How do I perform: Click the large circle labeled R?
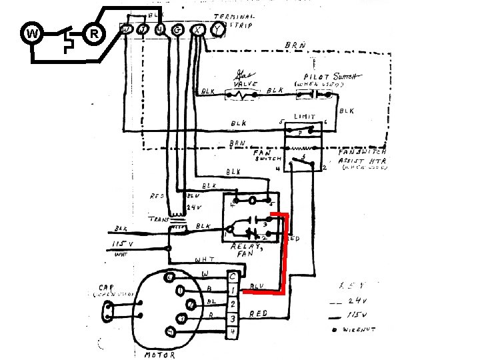point(94,34)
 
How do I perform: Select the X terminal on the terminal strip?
point(198,30)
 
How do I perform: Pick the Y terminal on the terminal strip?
point(217,30)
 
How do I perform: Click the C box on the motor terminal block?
point(232,275)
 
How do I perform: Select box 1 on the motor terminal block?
point(232,289)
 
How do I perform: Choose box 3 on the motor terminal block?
point(232,318)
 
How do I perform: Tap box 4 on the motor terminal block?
point(232,331)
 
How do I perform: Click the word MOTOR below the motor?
point(161,355)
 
